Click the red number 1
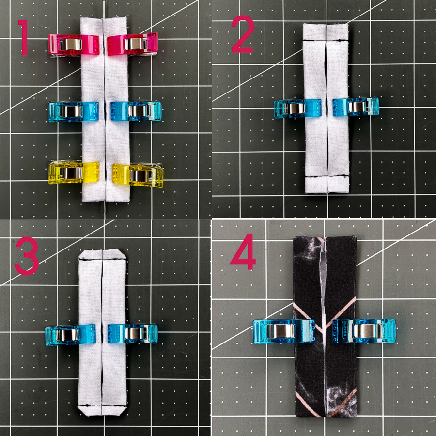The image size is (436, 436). click(x=24, y=37)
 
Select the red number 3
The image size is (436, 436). click(x=27, y=256)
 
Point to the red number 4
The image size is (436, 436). click(x=243, y=251)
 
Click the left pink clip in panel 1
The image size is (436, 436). click(x=74, y=45)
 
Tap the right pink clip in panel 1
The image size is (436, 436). click(x=133, y=44)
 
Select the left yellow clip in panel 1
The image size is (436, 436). click(x=74, y=172)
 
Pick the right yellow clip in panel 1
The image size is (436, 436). click(x=138, y=175)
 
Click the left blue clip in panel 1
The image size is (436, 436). click(x=74, y=111)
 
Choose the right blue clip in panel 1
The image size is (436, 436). click(x=136, y=111)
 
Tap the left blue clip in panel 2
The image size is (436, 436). click(x=297, y=109)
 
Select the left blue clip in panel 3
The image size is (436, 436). click(x=70, y=335)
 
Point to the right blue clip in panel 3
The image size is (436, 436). click(x=133, y=333)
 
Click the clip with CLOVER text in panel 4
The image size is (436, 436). click(x=364, y=331)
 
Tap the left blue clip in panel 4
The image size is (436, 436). click(x=284, y=331)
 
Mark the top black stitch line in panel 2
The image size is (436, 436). click(x=326, y=41)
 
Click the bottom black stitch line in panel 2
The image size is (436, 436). click(x=327, y=176)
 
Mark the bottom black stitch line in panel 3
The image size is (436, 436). click(x=102, y=405)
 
